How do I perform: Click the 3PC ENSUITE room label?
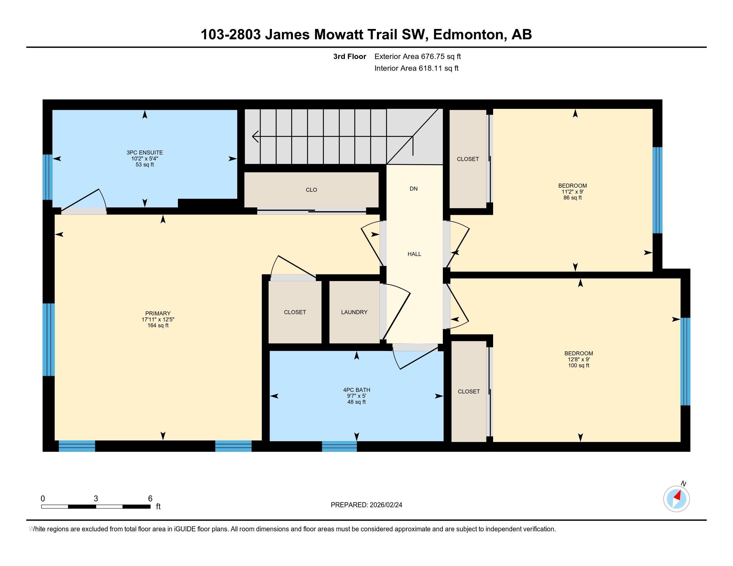point(145,152)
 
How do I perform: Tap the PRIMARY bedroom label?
point(158,314)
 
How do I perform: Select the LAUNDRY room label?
point(354,312)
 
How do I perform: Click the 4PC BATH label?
point(357,390)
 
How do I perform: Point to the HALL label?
point(414,254)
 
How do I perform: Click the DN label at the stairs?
point(413,189)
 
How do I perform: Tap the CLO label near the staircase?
point(311,190)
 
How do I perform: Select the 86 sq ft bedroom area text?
point(572,198)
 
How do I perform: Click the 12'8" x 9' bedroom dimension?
point(578,360)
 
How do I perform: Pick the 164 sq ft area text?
point(158,326)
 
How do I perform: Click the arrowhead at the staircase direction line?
point(255,137)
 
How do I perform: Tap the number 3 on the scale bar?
point(96,499)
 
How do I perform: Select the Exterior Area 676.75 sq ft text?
point(417,57)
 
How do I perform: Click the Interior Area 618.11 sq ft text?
point(416,68)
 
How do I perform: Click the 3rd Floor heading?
point(350,57)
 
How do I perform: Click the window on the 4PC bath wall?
point(339,446)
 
